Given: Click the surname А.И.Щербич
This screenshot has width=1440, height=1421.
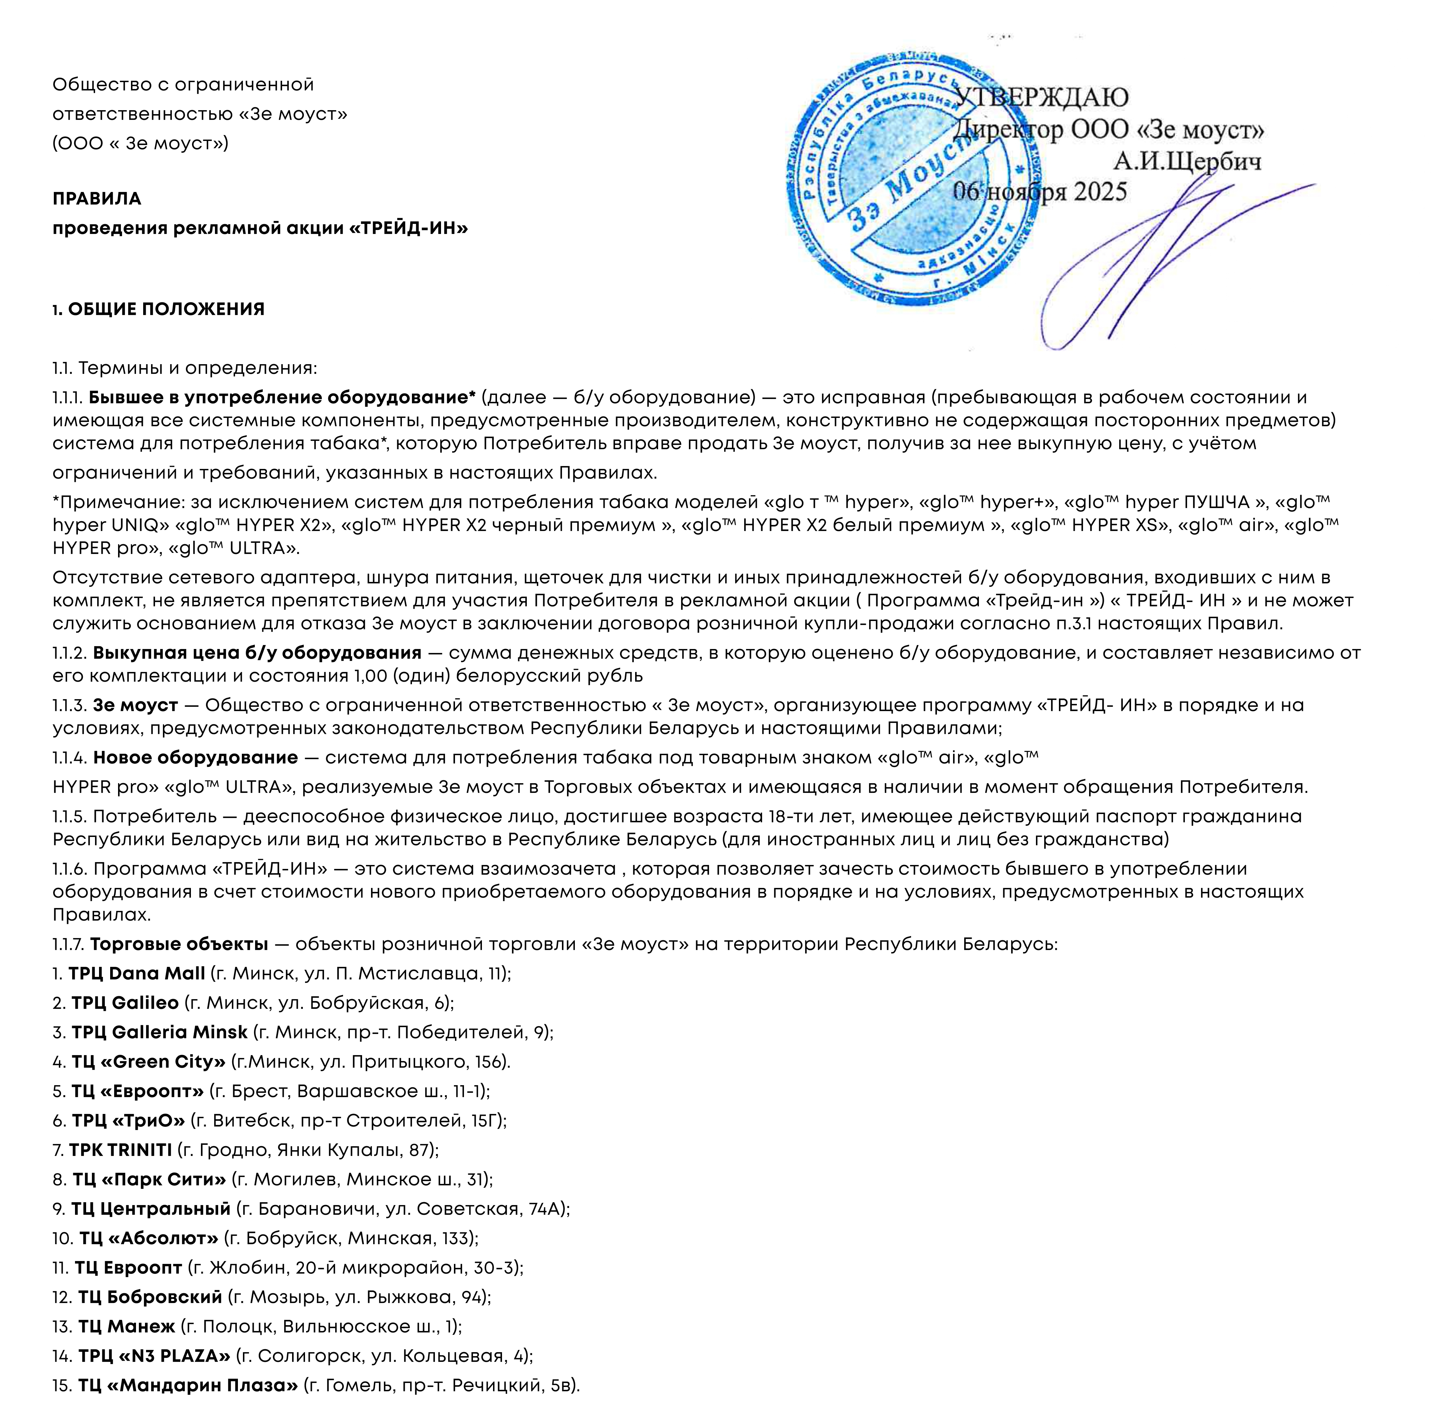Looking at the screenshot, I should pyautogui.click(x=1187, y=161).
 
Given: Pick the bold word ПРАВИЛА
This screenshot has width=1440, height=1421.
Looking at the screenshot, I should pyautogui.click(x=97, y=199).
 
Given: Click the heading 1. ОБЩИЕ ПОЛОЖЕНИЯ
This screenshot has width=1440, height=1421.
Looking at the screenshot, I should pyautogui.click(x=159, y=309).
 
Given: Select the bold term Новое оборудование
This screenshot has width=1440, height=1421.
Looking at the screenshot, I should pyautogui.click(x=195, y=758).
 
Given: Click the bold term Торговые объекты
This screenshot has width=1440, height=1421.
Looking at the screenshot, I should pyautogui.click(x=179, y=944).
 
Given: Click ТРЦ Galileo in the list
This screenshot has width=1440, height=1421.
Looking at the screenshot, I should pyautogui.click(x=125, y=1003).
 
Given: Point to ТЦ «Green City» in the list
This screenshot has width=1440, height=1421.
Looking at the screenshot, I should pyautogui.click(x=148, y=1062).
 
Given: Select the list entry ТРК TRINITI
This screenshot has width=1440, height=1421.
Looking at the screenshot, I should pyautogui.click(x=120, y=1150).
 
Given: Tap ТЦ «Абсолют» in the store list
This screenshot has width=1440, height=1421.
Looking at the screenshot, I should pyautogui.click(x=148, y=1238).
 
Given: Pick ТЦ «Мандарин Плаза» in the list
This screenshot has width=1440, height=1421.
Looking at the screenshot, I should pyautogui.click(x=188, y=1385).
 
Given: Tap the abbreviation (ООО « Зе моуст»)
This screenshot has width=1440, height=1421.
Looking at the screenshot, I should pyautogui.click(x=140, y=143).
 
